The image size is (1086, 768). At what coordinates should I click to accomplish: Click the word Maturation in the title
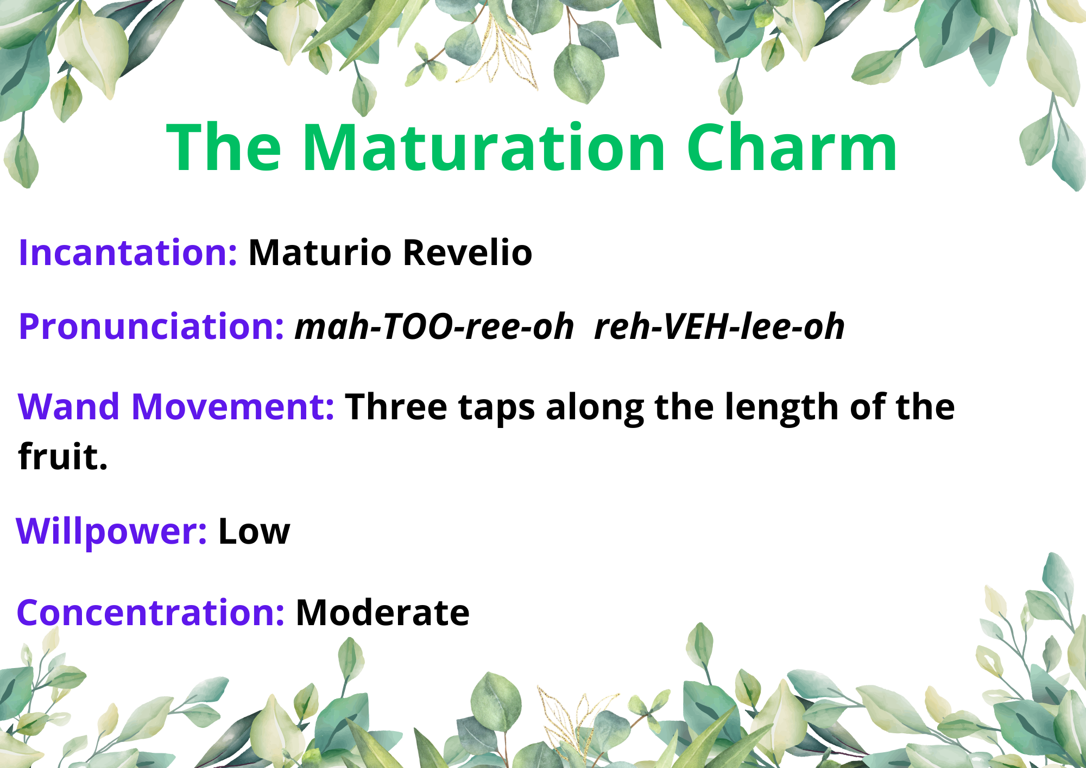tap(484, 147)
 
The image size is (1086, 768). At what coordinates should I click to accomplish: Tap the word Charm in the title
tap(792, 147)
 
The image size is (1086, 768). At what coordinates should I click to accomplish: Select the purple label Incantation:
tap(128, 253)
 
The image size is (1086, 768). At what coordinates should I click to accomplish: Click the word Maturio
tap(320, 253)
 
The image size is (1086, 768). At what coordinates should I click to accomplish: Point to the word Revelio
tap(468, 253)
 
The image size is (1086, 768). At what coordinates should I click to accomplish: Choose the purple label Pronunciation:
tap(151, 326)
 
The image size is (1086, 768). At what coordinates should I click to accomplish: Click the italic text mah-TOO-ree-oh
tap(434, 326)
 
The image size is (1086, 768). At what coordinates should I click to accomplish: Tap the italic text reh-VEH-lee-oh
tap(719, 326)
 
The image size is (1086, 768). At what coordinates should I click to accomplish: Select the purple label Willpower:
tap(111, 531)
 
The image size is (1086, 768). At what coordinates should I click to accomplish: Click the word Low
tap(254, 531)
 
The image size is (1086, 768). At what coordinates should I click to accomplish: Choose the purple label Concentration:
tap(150, 613)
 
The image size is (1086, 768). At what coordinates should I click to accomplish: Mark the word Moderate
tap(382, 613)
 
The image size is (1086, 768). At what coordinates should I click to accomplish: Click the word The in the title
tap(224, 147)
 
